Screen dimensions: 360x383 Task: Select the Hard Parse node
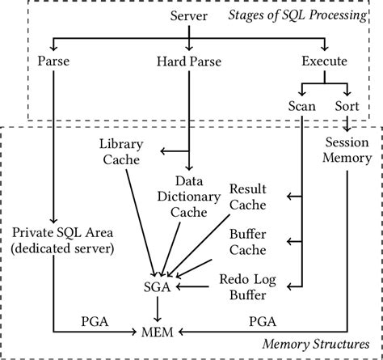pyautogui.click(x=190, y=60)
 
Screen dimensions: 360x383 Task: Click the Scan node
pyautogui.click(x=302, y=106)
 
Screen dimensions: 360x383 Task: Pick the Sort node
pyautogui.click(x=347, y=106)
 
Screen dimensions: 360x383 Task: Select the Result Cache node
pyautogui.click(x=248, y=197)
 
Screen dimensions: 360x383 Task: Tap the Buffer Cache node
pyautogui.click(x=248, y=241)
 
